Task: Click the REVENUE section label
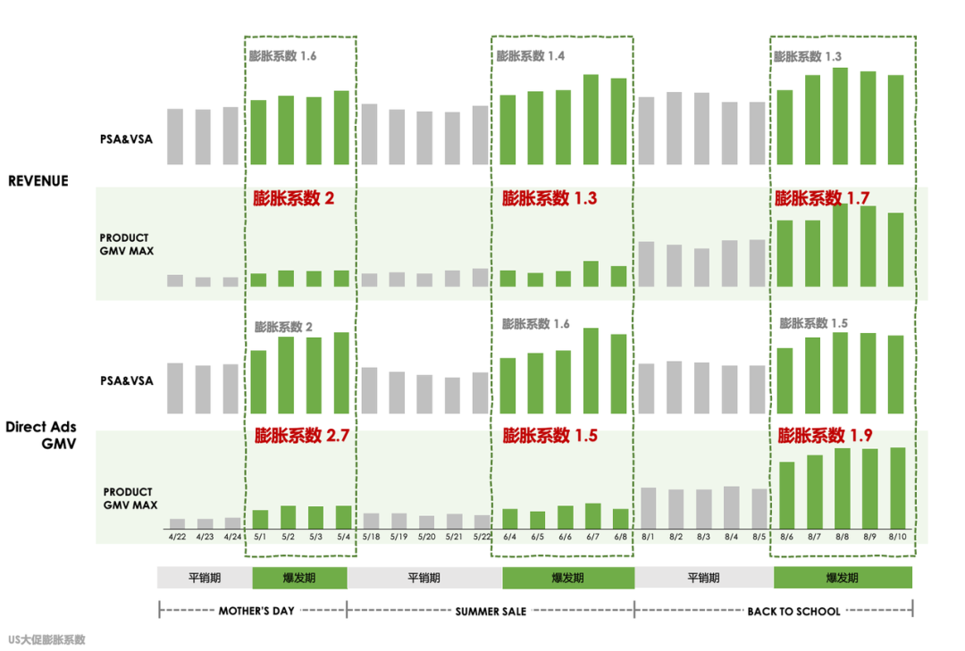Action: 38,180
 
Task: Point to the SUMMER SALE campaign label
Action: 491,612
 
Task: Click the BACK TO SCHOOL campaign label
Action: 793,612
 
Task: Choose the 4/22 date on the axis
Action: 176,537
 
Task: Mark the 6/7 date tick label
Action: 592,537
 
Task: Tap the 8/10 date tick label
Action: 897,537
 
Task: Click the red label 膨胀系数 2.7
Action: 301,436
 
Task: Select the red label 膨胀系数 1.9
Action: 825,436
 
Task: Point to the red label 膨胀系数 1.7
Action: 822,198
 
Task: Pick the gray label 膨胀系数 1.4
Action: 531,56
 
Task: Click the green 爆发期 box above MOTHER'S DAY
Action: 299,578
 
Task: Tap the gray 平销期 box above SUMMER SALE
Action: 424,578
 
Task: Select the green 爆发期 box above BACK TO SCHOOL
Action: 843,578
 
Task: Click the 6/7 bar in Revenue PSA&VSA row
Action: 591,119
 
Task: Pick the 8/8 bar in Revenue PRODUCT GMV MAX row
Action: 841,246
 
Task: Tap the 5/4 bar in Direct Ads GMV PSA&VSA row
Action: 341,373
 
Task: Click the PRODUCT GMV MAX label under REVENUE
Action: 126,245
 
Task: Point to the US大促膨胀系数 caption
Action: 46,639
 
